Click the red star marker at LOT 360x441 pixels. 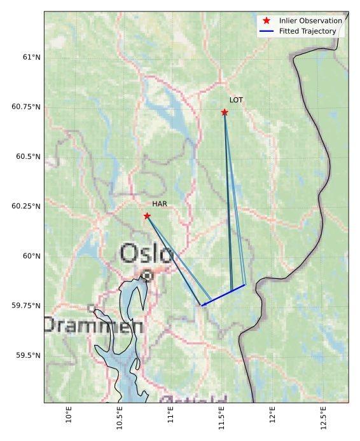tap(225, 112)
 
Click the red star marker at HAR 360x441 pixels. tap(147, 216)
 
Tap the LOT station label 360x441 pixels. tap(236, 100)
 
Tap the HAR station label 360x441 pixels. tap(159, 204)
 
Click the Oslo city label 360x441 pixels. tap(146, 254)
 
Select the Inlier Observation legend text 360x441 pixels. tap(310, 21)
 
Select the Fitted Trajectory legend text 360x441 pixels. tap(307, 31)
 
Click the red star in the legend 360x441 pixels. tap(267, 21)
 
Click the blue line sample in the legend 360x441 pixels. tap(267, 31)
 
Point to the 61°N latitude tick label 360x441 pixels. tap(31, 57)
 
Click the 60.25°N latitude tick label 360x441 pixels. tap(26, 207)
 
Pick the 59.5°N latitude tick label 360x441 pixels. tap(29, 355)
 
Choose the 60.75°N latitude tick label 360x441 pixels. tap(26, 107)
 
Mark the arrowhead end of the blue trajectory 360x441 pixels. tap(202, 306)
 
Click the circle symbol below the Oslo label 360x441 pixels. tap(147, 276)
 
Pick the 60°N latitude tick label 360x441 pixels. tap(31, 256)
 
